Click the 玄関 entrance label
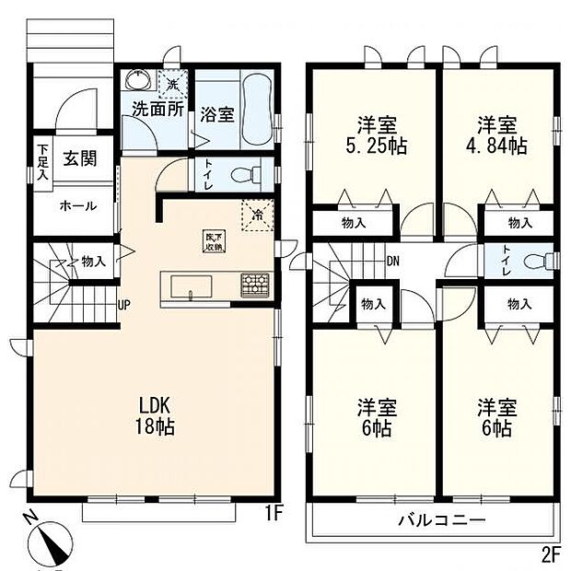[x=76, y=158]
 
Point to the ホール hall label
[x=77, y=205]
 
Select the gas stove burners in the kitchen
[x=253, y=285]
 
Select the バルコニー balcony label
[x=441, y=520]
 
